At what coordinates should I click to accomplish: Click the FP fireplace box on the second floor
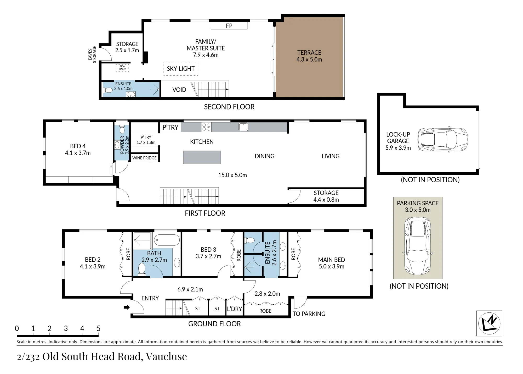[x=229, y=26]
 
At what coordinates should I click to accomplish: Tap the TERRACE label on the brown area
[x=309, y=53]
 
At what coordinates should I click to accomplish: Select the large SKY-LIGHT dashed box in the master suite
[x=181, y=69]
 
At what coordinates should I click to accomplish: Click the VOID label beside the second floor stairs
[x=179, y=90]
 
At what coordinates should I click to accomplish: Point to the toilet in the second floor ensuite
[x=108, y=90]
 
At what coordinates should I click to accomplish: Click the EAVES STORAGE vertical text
[x=92, y=54]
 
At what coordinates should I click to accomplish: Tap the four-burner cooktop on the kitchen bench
[x=206, y=127]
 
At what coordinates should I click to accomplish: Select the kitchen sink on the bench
[x=243, y=127]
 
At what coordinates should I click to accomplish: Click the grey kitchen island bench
[x=202, y=157]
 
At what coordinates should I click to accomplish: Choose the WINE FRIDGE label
[x=144, y=158]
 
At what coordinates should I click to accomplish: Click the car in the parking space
[x=418, y=246]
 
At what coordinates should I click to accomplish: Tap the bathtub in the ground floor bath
[x=167, y=240]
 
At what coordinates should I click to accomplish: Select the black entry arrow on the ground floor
[x=127, y=307]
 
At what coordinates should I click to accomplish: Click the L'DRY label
[x=234, y=309]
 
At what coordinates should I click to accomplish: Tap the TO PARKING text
[x=309, y=314]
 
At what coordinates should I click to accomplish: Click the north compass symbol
[x=489, y=323]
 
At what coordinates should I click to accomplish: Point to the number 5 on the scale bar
[x=99, y=328]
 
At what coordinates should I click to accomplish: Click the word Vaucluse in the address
[x=166, y=356]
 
